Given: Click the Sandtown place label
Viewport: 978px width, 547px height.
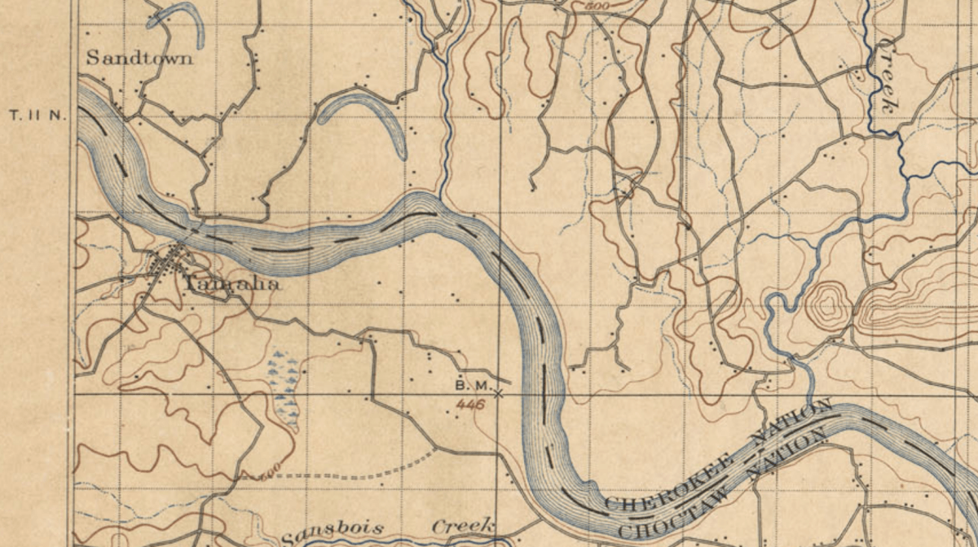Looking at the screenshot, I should pyautogui.click(x=139, y=58).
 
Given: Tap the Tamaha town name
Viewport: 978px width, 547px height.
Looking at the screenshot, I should pyautogui.click(x=232, y=283).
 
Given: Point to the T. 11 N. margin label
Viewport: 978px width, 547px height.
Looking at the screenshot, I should pyautogui.click(x=37, y=116).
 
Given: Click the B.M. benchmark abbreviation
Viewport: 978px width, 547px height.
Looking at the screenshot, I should pyautogui.click(x=469, y=384).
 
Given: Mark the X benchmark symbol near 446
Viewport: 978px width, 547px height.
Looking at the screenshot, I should pyautogui.click(x=499, y=394).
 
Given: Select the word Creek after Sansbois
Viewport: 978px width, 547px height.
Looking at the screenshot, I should pyautogui.click(x=463, y=527).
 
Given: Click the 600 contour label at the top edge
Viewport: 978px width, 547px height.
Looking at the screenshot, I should pyautogui.click(x=599, y=5).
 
